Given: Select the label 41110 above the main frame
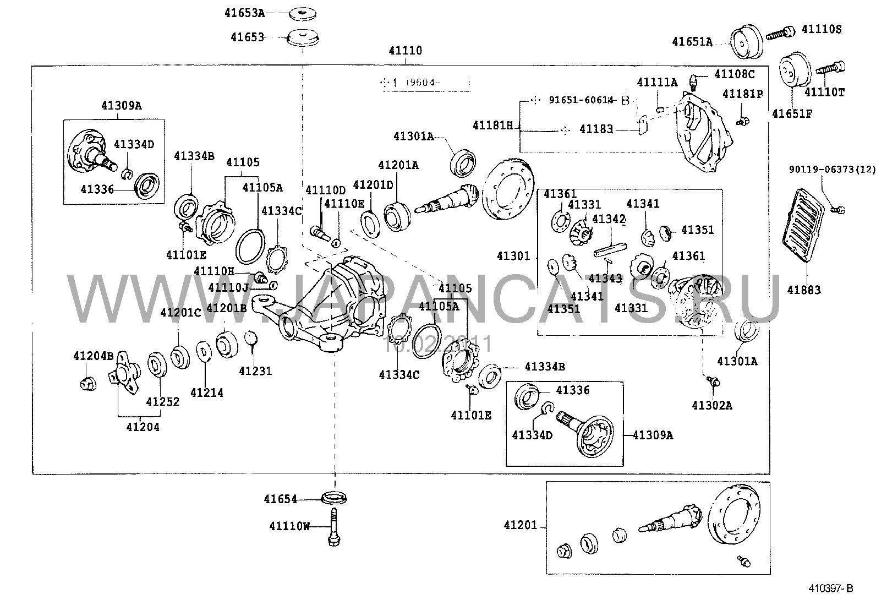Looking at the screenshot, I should coord(406,51).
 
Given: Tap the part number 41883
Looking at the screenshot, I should coord(803,290).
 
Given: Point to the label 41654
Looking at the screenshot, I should coord(280,499).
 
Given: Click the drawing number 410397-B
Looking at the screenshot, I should coord(830,588).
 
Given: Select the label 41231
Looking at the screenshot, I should coord(255,371).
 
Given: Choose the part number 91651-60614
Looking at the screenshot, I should coord(581,100).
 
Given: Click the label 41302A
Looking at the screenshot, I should coord(712,406).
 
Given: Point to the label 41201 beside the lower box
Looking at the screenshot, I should coord(520,526).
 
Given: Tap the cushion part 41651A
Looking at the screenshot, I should coord(746,41).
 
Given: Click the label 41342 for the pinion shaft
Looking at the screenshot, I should coord(609,219).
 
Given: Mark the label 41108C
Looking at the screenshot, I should coord(734,74).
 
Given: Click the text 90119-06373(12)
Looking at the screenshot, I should coord(830,170).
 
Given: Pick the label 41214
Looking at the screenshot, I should coord(207,393).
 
